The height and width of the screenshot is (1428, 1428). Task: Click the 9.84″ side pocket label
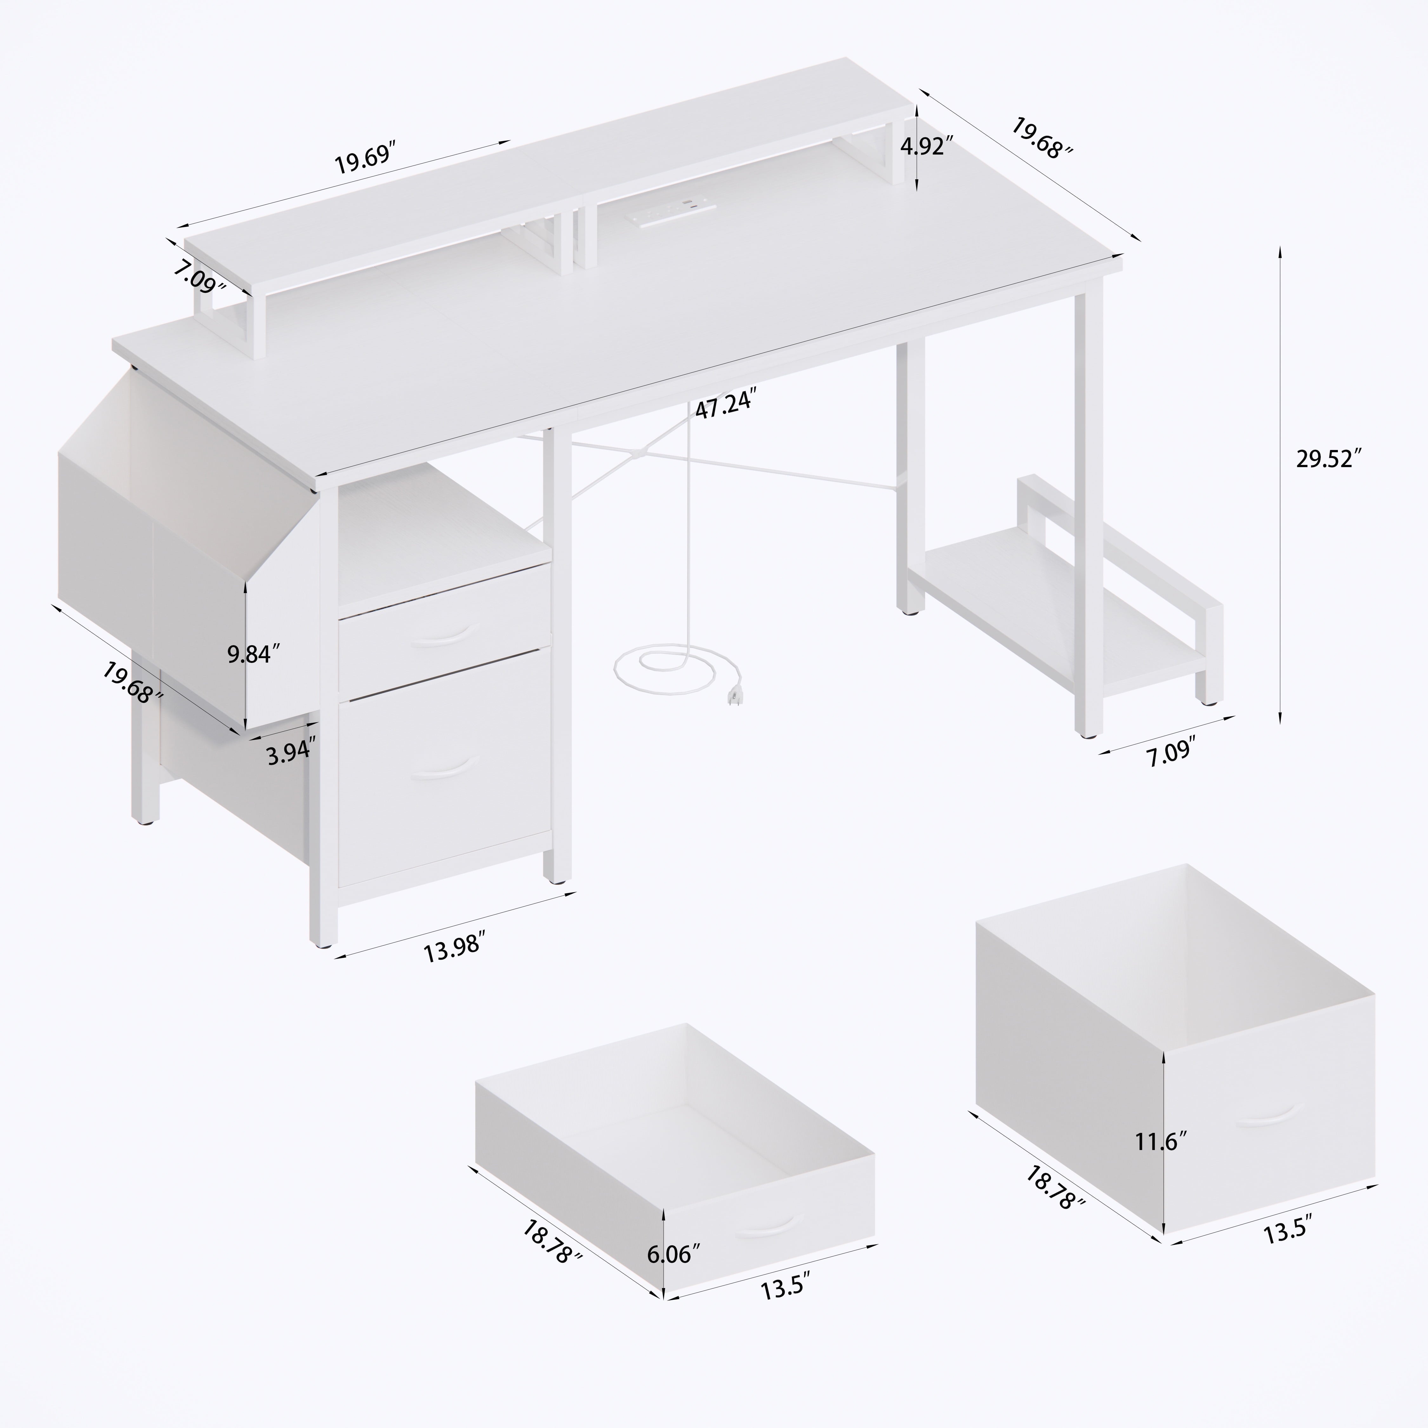(x=254, y=653)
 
